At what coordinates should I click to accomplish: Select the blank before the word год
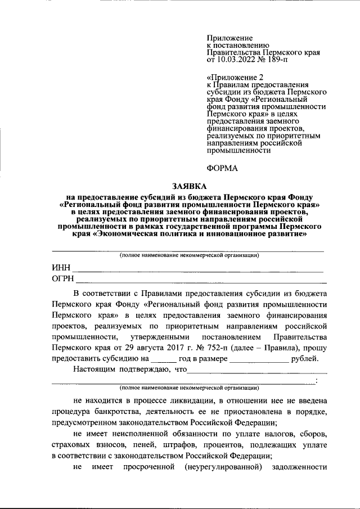164,360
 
